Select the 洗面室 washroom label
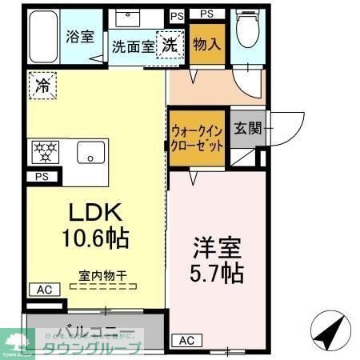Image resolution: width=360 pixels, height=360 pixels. pyautogui.click(x=133, y=46)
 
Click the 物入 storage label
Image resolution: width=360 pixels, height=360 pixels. pyautogui.click(x=206, y=42)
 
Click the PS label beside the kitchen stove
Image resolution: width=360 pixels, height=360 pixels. pyautogui.click(x=40, y=178)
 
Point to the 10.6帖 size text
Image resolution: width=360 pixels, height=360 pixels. pyautogui.click(x=94, y=238)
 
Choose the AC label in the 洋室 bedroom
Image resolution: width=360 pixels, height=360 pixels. pyautogui.click(x=186, y=340)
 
